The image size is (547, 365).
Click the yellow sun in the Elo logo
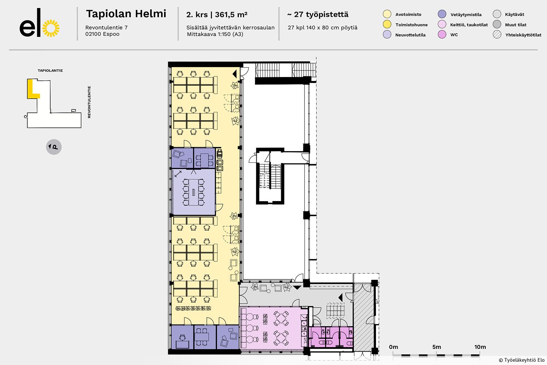point(51,28)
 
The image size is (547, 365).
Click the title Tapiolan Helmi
point(126,14)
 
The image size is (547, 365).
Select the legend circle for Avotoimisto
point(387,14)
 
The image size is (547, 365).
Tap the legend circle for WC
point(442,34)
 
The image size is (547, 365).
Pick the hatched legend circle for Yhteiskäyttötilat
point(497,34)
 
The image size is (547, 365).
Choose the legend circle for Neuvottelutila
point(387,34)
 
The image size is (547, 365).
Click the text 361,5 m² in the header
point(231,15)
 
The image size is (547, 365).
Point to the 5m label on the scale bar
point(437,347)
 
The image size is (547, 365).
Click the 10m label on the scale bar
point(480,347)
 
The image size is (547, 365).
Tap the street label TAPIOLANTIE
point(50,70)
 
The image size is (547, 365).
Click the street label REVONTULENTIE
point(89,102)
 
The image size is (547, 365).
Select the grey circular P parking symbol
point(54,147)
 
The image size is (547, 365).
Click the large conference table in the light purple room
point(193,192)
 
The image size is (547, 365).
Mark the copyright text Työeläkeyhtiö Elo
point(521,360)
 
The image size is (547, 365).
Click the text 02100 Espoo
point(102,34)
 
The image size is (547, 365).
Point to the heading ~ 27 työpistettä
point(318,15)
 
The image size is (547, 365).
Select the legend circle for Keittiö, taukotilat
point(442,24)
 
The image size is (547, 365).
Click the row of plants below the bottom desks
point(193,308)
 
